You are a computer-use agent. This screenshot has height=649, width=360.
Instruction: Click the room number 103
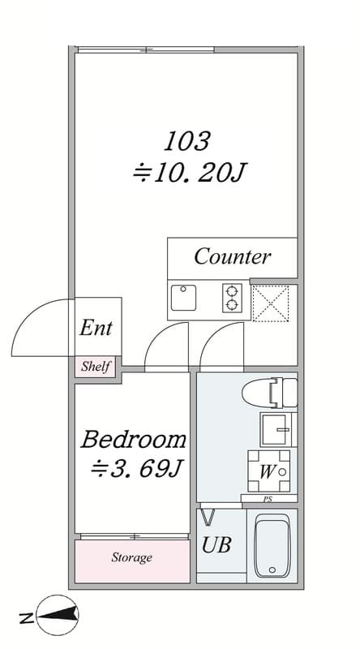(187, 141)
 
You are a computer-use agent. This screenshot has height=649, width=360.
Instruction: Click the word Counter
(233, 256)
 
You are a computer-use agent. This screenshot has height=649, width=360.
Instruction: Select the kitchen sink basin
(183, 298)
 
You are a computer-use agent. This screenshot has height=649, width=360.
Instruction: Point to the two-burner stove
(232, 298)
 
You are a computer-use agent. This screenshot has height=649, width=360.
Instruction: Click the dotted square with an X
(271, 303)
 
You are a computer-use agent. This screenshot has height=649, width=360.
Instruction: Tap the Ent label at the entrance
(96, 329)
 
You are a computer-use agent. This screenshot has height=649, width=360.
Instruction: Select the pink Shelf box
(95, 367)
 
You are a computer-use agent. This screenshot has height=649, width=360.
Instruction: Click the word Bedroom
(134, 440)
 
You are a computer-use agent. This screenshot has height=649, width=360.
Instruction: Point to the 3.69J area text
(136, 470)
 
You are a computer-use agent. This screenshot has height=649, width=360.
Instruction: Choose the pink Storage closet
(132, 561)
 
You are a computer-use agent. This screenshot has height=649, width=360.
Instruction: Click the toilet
(270, 393)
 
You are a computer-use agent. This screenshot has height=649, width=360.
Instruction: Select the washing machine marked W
(269, 471)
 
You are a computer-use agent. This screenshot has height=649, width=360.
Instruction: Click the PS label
(268, 499)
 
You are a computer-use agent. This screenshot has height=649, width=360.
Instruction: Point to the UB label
(216, 545)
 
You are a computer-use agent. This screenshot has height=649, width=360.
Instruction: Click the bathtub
(272, 545)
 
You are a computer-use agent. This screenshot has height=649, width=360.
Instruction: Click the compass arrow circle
(58, 615)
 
